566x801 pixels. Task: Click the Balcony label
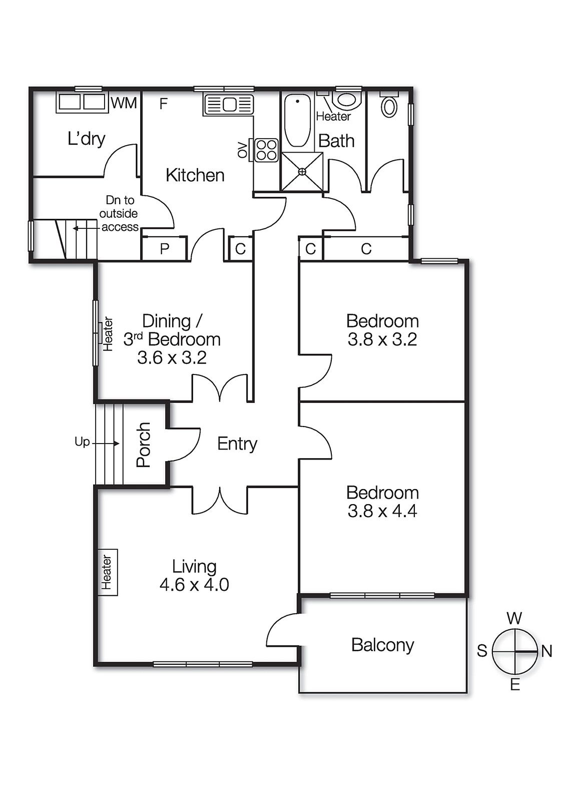(382, 645)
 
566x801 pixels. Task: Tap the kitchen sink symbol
(228, 105)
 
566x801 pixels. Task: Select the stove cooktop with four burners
(266, 149)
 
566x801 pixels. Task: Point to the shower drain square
(302, 171)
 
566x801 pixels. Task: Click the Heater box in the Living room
(107, 572)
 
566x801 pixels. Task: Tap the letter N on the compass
(546, 651)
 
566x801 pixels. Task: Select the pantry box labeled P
(165, 249)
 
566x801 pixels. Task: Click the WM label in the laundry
(124, 103)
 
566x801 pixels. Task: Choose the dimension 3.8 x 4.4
(382, 511)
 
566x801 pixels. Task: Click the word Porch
(144, 445)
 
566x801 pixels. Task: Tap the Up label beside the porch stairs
(82, 442)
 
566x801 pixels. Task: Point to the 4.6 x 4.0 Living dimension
(194, 585)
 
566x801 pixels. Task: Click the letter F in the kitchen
(163, 104)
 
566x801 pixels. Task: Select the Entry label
(237, 444)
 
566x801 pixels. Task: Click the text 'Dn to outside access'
(119, 214)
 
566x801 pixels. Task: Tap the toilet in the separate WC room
(389, 106)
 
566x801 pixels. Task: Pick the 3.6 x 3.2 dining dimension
(172, 358)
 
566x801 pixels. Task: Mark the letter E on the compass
(515, 685)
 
